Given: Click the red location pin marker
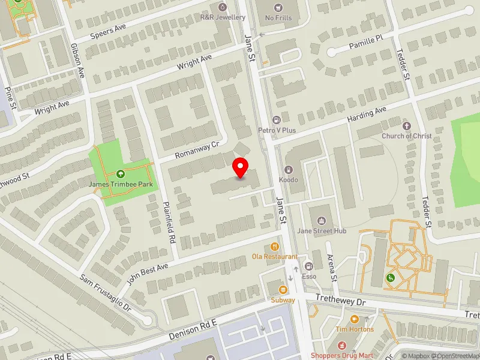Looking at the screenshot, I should point(241,167).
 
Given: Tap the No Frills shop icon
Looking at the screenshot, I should point(278,8).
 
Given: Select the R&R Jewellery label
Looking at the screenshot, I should point(223,17).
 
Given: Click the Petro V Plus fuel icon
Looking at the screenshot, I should point(276,120).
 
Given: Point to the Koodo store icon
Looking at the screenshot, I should point(289,170).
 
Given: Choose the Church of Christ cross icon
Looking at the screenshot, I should point(407,126).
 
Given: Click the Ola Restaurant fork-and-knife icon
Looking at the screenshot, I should point(275,246).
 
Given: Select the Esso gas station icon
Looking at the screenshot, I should point(309,266).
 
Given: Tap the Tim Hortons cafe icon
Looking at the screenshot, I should point(354,319).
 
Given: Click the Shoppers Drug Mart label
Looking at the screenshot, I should point(341,355).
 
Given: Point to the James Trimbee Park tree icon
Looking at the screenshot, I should point(120,174).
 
